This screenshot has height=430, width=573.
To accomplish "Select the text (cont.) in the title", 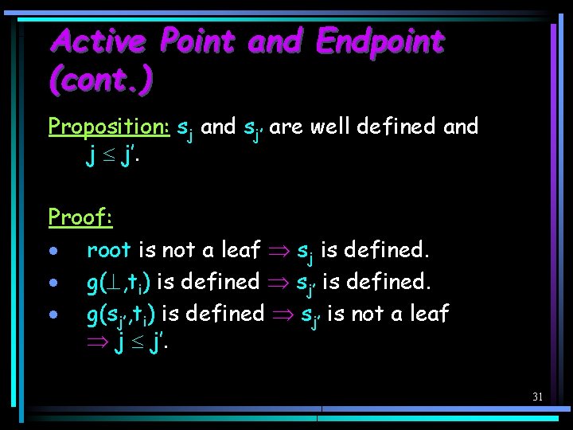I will [x=100, y=79].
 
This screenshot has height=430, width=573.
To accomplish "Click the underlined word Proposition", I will [x=109, y=127].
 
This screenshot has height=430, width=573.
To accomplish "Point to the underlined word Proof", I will [x=80, y=217].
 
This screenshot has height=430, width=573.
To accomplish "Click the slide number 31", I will [x=537, y=397].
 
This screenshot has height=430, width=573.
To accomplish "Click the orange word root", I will [x=109, y=249].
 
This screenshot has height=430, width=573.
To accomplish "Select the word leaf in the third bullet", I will [x=429, y=313].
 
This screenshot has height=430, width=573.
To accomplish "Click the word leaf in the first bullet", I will [x=240, y=249].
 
